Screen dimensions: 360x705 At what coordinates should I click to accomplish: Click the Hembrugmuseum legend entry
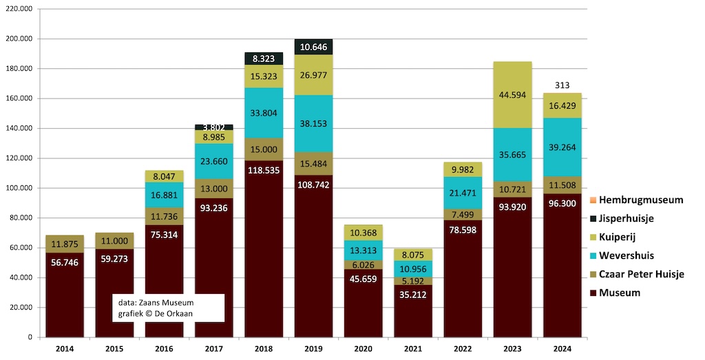click(641, 200)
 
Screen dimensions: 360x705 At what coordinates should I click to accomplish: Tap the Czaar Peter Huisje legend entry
click(641, 275)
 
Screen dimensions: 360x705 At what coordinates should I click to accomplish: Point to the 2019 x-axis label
click(313, 350)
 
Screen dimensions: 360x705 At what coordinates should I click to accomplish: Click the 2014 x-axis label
click(65, 350)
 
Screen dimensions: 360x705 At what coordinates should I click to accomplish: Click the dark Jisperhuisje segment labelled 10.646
click(313, 47)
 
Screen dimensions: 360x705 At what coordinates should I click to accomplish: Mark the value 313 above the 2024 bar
click(562, 85)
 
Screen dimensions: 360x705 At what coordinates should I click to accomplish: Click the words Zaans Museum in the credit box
click(174, 303)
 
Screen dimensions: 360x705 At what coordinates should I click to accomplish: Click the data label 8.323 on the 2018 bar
click(264, 59)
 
